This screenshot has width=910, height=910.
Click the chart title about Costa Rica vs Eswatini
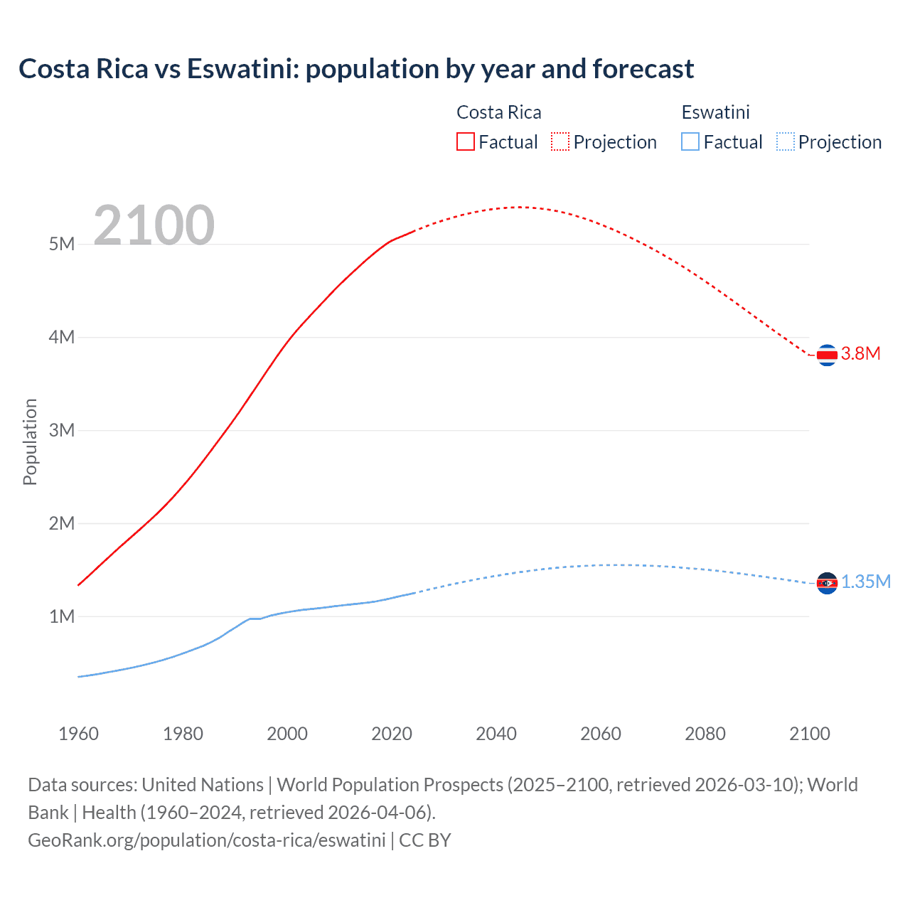(x=356, y=69)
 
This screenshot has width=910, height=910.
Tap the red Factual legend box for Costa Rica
(x=465, y=141)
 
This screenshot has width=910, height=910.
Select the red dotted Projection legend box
(x=560, y=141)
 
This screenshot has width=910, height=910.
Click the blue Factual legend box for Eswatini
(x=690, y=141)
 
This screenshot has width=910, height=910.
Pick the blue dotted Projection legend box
(x=786, y=141)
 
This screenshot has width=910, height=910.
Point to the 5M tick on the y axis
(x=62, y=244)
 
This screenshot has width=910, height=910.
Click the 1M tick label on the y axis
(x=62, y=616)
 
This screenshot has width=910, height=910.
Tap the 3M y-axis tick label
(x=62, y=430)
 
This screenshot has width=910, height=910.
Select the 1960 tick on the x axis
(x=78, y=734)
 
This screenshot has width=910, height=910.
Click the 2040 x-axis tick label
(x=496, y=734)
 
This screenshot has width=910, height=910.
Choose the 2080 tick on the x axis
(x=705, y=734)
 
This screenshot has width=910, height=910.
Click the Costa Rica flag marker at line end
(x=827, y=354)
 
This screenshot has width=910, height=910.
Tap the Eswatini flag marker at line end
(x=827, y=583)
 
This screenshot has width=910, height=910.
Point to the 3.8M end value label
(x=861, y=353)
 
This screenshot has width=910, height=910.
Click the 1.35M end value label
(x=866, y=582)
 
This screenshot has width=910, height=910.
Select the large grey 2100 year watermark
(x=154, y=225)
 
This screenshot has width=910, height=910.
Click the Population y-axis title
(x=30, y=441)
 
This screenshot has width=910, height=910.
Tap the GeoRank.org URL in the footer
(x=207, y=840)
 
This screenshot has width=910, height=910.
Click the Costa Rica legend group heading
(x=498, y=112)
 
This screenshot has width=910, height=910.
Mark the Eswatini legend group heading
(x=715, y=112)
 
